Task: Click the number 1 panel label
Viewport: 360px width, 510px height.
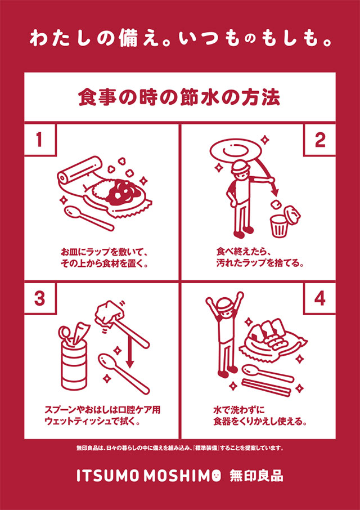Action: (39, 140)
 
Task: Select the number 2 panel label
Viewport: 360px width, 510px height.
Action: (319, 140)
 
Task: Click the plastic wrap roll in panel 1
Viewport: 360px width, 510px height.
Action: (80, 171)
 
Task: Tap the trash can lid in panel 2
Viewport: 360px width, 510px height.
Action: (292, 213)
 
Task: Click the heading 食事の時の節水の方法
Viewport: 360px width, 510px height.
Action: (179, 98)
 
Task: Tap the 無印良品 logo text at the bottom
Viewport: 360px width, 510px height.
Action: (256, 476)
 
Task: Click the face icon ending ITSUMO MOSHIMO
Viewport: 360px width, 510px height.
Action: (214, 476)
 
